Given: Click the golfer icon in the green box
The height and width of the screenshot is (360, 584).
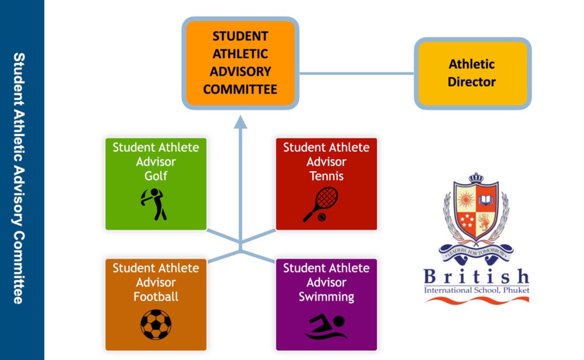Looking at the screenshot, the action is [154, 204].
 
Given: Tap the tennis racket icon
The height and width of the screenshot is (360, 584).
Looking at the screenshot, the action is [321, 205].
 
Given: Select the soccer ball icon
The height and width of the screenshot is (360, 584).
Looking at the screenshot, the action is [156, 325].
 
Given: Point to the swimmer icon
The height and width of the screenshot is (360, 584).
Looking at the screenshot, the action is [326, 327].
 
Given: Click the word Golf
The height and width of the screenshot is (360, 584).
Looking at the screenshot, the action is [156, 176].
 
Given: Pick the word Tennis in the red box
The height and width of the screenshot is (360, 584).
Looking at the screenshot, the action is [326, 176].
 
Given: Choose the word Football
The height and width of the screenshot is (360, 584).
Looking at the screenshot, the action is [156, 297].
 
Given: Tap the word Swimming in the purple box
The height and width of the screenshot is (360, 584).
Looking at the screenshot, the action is [326, 297].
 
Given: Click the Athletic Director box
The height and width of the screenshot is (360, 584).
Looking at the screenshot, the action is [473, 74].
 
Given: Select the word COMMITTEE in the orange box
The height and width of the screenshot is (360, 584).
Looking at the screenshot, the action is [240, 90].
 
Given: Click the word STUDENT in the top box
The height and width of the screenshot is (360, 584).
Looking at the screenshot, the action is [240, 36].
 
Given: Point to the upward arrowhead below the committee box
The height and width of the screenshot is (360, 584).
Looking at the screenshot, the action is [241, 122].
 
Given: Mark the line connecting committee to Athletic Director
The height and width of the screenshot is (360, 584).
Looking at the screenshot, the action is [357, 74].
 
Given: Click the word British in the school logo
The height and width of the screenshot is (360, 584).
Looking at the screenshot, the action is [476, 277].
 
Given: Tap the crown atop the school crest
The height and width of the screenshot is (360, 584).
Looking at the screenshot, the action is [476, 178].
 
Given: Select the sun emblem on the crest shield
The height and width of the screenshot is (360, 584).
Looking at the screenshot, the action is [465, 200].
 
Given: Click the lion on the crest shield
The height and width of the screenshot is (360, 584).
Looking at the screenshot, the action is [484, 222].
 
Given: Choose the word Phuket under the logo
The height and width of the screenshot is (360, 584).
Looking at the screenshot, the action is [516, 290].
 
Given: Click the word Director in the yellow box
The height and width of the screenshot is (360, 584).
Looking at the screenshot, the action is [472, 82].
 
